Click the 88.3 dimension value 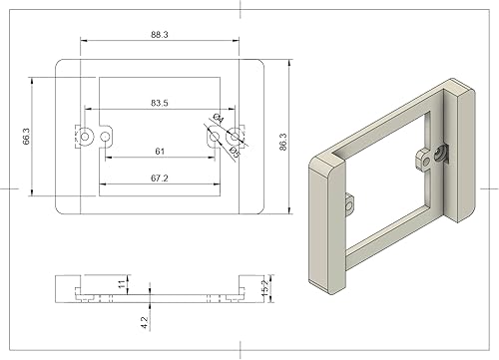click(160, 35)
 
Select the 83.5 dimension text click(160, 103)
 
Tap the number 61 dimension click(160, 152)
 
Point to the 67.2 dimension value click(160, 179)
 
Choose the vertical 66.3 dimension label click(27, 137)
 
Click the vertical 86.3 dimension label click(283, 142)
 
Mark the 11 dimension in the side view click(123, 283)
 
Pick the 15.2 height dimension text click(265, 288)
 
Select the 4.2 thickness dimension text click(145, 322)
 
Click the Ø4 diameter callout click(219, 118)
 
